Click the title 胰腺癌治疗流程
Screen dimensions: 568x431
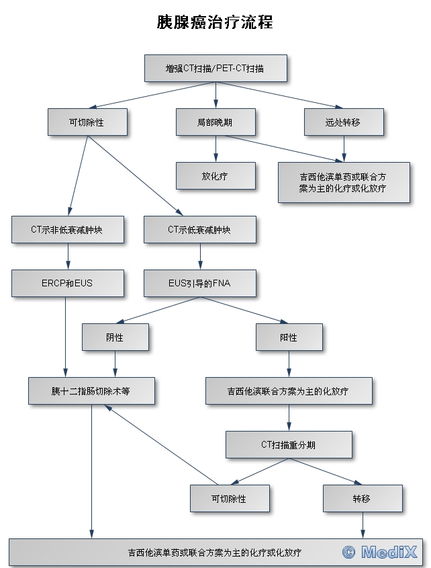click(215, 22)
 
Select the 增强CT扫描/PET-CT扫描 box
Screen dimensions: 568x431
click(215, 68)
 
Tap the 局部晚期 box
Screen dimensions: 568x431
click(215, 122)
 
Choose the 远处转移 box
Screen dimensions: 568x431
click(344, 122)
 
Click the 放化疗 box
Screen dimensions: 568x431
click(215, 175)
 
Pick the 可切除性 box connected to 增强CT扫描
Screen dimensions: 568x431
click(87, 122)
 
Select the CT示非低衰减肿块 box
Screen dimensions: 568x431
click(67, 229)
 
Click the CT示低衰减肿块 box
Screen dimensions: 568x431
click(199, 229)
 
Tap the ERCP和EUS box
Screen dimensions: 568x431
click(67, 283)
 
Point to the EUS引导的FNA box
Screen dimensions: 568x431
click(199, 283)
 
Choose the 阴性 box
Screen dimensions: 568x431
click(115, 337)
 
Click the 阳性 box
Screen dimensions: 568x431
click(289, 337)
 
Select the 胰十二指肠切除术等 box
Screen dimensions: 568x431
click(91, 391)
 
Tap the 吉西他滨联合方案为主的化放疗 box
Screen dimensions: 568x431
click(289, 391)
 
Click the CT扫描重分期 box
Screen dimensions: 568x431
click(289, 444)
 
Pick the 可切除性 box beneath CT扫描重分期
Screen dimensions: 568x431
click(229, 498)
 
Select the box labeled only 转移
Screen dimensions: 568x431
click(363, 498)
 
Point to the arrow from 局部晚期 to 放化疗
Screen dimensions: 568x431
click(215, 149)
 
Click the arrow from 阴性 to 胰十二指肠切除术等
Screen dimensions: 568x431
click(115, 364)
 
